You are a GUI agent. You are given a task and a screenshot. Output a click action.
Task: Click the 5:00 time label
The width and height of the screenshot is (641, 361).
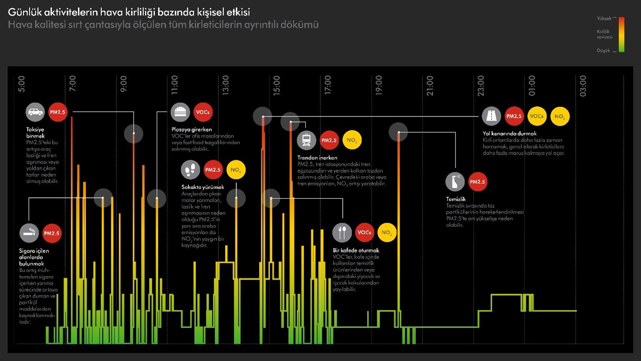21,84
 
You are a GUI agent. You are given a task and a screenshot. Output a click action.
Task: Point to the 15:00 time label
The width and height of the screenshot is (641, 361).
276,86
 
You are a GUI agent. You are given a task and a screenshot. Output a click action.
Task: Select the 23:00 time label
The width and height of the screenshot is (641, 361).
480,86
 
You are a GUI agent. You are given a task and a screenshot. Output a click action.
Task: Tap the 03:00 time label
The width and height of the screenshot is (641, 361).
583,86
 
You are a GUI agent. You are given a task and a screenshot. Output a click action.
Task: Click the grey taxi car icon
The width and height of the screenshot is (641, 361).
35,112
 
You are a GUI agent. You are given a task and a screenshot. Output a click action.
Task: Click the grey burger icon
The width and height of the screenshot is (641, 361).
180,112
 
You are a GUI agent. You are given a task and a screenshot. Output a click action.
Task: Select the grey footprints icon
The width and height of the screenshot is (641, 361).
190,170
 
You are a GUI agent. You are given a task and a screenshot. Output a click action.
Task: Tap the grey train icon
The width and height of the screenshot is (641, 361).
306,140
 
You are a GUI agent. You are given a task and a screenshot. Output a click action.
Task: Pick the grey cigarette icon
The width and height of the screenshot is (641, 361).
29,233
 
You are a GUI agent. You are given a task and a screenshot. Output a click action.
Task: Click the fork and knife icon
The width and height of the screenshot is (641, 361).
342,232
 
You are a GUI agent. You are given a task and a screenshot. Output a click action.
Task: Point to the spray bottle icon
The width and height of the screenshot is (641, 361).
455,182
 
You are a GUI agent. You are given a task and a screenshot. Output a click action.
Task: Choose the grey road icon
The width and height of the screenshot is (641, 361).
491,116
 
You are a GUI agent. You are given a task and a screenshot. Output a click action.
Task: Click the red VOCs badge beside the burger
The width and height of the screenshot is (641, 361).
203,112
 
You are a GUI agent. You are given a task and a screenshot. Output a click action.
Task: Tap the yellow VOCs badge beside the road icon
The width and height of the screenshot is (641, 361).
537,116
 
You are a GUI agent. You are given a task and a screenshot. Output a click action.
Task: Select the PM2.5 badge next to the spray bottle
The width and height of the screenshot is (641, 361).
477,182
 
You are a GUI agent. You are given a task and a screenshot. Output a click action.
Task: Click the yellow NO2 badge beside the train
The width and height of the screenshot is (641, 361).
352,140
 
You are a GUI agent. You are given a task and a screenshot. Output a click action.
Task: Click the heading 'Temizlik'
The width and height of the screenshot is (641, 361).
456,199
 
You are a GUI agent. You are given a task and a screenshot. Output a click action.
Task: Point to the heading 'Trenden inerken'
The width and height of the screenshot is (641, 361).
317,157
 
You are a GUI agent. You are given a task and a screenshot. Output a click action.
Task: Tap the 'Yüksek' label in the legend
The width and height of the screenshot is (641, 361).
604,18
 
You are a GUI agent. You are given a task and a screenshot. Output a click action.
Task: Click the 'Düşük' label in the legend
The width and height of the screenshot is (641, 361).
603,50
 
